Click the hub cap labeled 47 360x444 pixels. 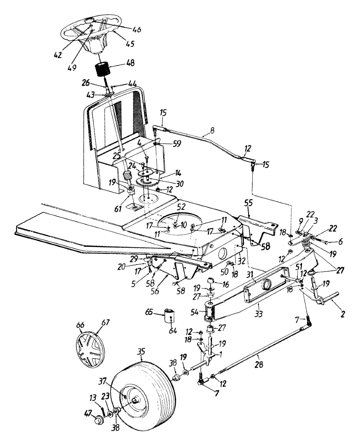point(99,420)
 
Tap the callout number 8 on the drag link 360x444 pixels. point(212,130)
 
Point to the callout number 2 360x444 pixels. point(343,314)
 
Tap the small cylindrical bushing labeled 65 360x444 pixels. point(170,317)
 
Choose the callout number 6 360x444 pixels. point(341,241)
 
